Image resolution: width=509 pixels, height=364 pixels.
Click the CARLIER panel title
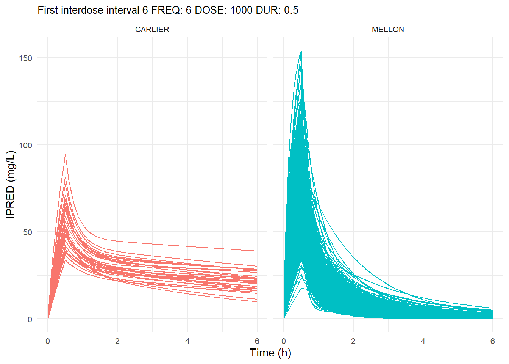point(152,30)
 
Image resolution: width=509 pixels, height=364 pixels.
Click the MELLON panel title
point(388,30)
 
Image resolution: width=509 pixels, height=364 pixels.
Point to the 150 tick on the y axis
point(26,58)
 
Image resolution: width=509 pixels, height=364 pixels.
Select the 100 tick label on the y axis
point(26,145)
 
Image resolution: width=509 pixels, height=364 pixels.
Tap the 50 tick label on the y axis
point(28,232)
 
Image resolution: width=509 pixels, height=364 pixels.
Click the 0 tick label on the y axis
point(30,319)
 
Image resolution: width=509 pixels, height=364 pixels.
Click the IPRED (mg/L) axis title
point(11,184)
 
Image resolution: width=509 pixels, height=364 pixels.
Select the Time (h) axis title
point(270,353)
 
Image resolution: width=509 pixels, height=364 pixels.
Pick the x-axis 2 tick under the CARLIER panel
point(117,341)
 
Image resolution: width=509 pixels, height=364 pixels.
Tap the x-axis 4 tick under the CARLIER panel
point(187,341)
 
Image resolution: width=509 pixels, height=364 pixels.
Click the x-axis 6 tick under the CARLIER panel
point(257,341)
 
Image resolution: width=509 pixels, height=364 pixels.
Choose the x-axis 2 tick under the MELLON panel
point(353,341)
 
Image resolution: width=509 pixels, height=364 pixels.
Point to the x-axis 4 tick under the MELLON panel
point(423,341)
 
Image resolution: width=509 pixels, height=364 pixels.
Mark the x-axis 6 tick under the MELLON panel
point(492,341)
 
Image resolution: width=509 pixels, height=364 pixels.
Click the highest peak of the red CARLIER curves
point(65,155)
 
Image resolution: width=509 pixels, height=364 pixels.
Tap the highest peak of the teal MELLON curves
point(301,51)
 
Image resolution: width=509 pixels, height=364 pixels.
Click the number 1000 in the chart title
point(241,10)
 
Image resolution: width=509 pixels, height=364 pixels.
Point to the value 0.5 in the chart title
point(291,10)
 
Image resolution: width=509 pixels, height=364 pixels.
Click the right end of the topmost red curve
point(257,251)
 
